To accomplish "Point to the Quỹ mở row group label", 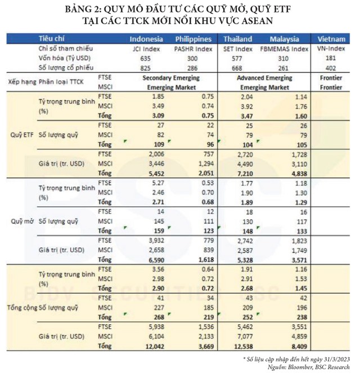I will click(21, 221).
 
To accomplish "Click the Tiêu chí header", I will click(51, 39).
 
